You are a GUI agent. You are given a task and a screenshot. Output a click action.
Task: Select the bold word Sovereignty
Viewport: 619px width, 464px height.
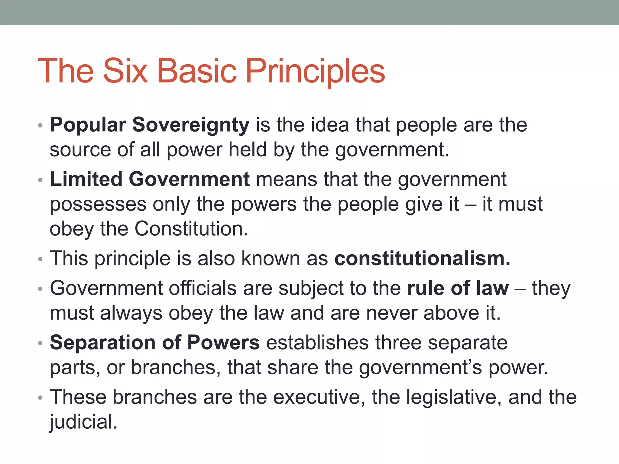coord(191,125)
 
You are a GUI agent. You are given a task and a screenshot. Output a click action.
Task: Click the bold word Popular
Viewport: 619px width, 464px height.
coord(88,125)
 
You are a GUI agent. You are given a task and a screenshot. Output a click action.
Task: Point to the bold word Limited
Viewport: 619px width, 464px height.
coord(86,179)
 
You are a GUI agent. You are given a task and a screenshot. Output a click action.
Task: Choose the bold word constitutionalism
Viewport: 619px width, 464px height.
coord(422,259)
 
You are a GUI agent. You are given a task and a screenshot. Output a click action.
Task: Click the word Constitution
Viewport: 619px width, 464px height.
coord(191,229)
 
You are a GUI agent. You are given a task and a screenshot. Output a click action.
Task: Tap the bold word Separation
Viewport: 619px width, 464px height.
coord(103,343)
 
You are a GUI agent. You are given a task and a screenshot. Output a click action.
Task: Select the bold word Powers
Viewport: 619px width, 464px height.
coord(223,343)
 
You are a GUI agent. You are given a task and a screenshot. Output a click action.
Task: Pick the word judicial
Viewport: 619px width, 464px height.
coord(83,422)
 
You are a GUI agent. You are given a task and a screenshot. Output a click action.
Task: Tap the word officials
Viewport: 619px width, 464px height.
coord(203,288)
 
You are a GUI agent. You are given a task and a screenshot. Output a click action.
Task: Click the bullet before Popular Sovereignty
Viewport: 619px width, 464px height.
coord(41,126)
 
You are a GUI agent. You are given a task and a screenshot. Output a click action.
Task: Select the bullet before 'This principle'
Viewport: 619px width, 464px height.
coord(41,259)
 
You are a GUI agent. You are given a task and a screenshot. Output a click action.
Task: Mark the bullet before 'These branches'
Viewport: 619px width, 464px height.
coord(41,398)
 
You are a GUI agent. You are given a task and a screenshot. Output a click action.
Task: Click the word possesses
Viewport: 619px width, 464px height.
coord(98,205)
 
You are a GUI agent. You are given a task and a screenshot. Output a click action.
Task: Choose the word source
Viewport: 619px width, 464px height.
coord(80,150)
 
